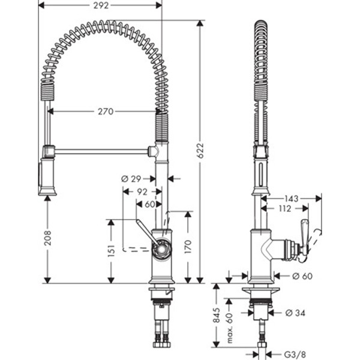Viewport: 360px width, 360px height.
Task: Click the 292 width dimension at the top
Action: [101, 6]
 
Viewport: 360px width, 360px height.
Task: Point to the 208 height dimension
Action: [47, 238]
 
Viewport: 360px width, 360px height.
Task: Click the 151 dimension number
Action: [110, 251]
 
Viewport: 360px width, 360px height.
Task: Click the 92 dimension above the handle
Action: [142, 192]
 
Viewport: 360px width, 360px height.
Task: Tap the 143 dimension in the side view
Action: [292, 198]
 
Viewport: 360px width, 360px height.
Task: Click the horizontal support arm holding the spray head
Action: [102, 151]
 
